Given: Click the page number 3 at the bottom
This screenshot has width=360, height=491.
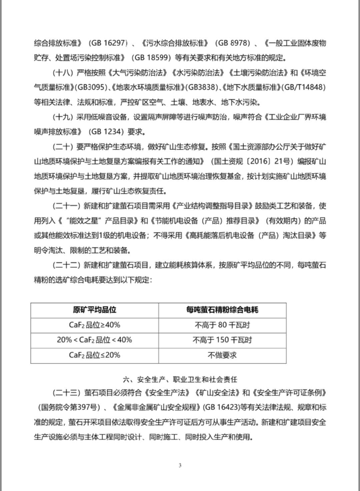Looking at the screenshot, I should [x=180, y=465].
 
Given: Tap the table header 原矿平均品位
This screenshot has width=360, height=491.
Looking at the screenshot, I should [x=95, y=310].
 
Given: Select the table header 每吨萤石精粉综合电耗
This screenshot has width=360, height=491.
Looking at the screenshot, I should [x=222, y=310].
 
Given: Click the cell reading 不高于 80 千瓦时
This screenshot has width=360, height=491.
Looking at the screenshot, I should [x=222, y=325].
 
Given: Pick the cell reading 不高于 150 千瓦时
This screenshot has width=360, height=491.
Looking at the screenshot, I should [x=222, y=340].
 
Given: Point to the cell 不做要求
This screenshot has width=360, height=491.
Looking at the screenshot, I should [x=222, y=355].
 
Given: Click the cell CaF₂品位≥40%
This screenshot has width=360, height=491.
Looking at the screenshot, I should [x=95, y=325].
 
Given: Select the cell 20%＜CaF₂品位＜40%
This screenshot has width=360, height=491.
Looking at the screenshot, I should [x=95, y=340].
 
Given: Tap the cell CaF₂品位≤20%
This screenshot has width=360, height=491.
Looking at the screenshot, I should [x=95, y=355].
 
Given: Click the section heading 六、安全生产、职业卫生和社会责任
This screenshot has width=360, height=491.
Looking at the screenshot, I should [x=180, y=380].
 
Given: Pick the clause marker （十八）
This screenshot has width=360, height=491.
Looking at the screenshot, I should [x=63, y=73].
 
